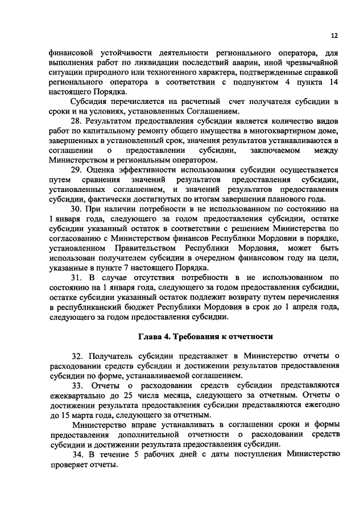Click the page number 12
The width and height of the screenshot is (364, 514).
334,35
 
